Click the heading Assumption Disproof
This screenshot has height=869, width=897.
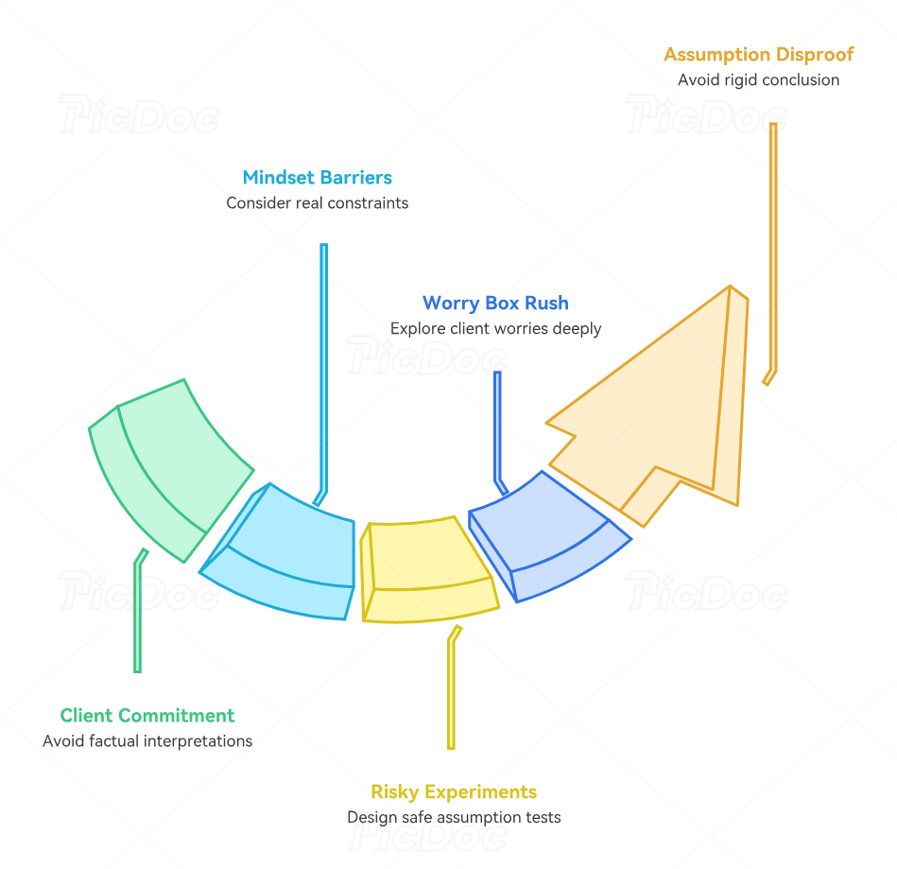[x=759, y=55]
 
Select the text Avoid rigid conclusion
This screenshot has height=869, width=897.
[x=759, y=80]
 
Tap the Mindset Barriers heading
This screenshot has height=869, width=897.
[x=317, y=178]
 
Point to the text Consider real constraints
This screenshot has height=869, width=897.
[x=317, y=202]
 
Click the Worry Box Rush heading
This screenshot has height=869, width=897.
[x=495, y=303]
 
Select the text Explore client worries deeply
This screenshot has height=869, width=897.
[x=495, y=329]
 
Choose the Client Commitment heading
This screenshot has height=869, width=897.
[x=147, y=716]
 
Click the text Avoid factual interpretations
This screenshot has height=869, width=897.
[x=147, y=740]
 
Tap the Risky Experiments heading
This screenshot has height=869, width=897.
[x=454, y=791]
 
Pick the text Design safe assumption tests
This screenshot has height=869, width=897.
[x=454, y=817]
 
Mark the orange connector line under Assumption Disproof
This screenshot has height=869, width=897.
[x=773, y=252]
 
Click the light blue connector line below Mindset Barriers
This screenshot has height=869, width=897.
[x=324, y=373]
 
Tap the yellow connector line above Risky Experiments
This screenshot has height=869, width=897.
[x=452, y=687]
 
